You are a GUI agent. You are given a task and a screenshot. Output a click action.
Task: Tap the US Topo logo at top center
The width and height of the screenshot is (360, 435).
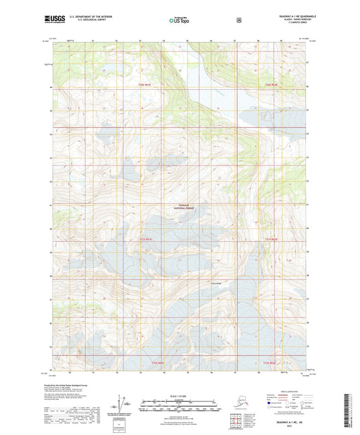pos(178,21)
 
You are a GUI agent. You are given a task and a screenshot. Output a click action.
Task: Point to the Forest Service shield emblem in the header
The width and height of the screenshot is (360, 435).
pos(240,20)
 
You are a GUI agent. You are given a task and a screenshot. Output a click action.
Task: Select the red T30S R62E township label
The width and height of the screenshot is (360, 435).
pos(271,84)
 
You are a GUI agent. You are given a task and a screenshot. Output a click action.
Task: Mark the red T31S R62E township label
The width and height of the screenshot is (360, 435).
pos(271,239)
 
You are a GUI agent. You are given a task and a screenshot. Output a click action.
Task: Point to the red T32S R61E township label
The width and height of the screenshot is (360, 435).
pos(158,363)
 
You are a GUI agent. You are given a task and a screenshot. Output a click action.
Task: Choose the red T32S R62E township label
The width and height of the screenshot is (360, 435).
pos(271,363)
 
